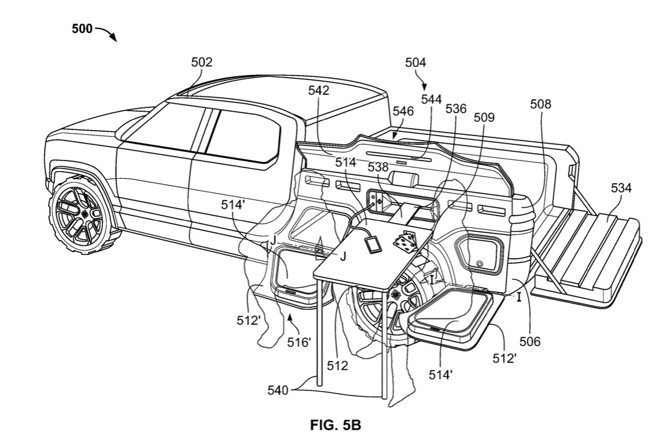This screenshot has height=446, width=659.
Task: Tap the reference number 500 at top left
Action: (x=82, y=29)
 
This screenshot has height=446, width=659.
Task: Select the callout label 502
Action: (x=202, y=62)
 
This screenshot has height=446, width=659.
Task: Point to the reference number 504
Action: (x=416, y=62)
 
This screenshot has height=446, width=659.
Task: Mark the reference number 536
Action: (x=456, y=109)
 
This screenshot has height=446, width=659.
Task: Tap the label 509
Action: (x=484, y=117)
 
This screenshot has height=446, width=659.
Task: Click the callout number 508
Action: (x=540, y=104)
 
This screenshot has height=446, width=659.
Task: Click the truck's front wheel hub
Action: (x=79, y=214)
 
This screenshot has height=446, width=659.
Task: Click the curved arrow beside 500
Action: (x=107, y=34)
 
